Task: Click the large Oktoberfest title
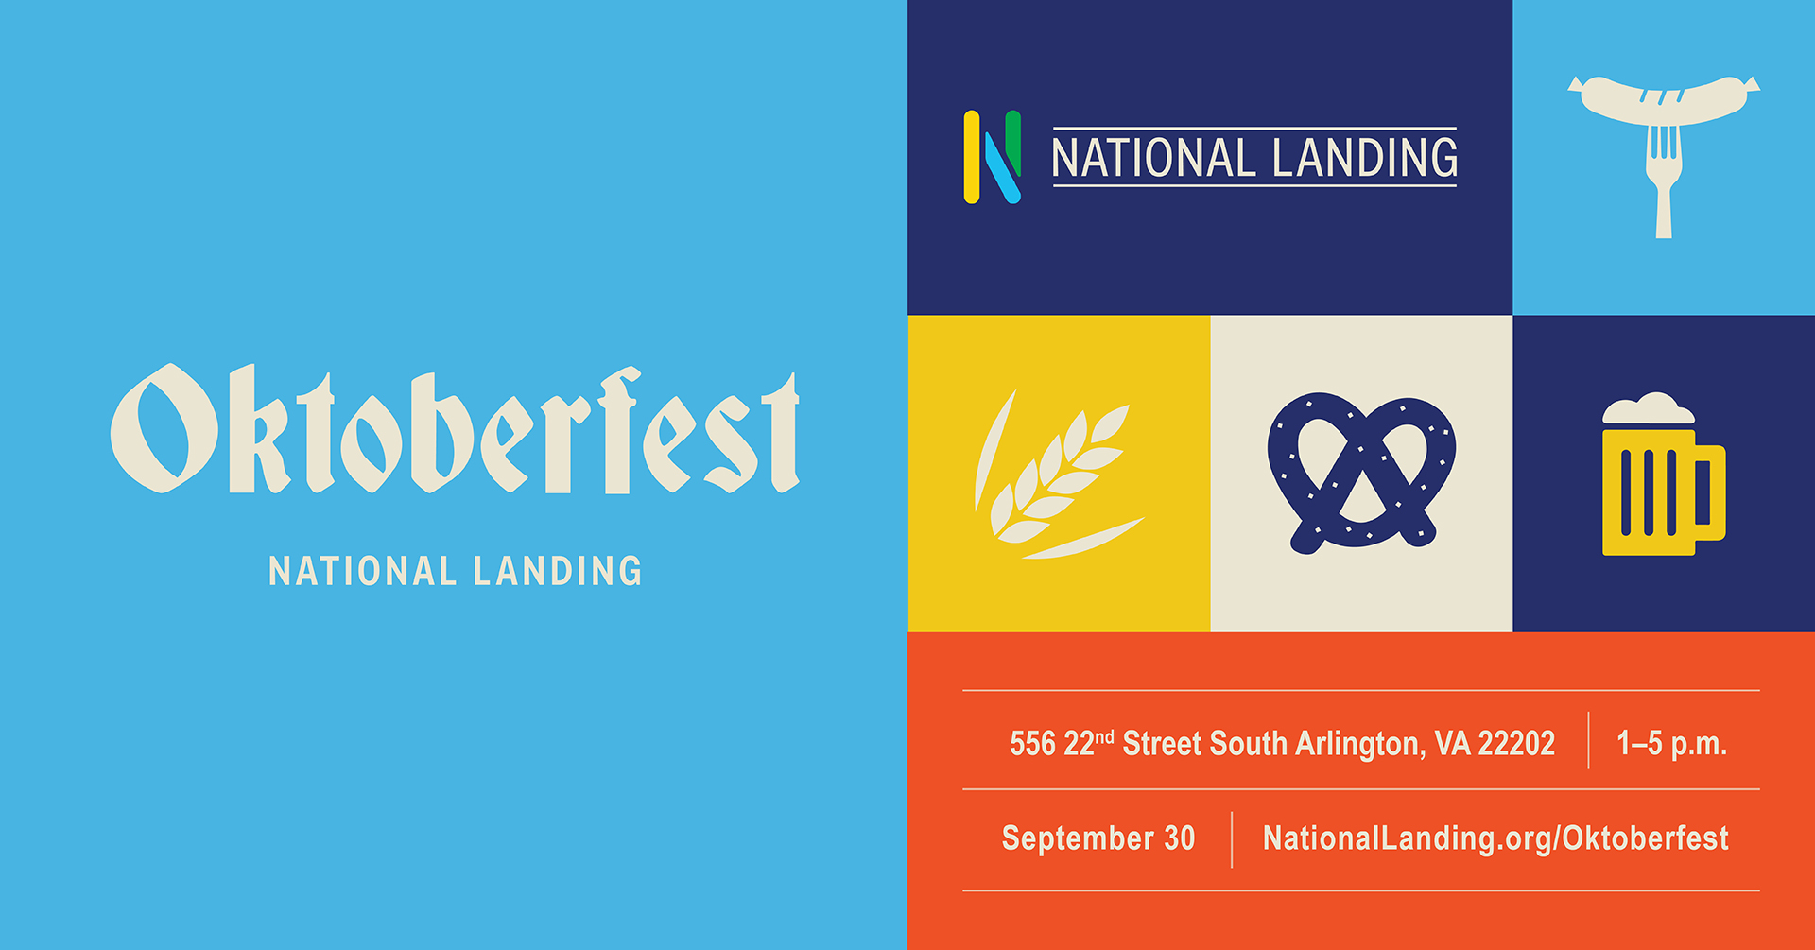coord(455,430)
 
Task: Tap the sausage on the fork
coord(1664,100)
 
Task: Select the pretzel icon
coord(1361,473)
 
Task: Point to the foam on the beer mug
coord(1649,409)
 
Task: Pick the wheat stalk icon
coord(1057,475)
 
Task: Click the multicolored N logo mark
coord(992,157)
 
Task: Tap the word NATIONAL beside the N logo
coord(1152,158)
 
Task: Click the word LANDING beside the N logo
coord(1365,158)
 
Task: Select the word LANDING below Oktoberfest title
coord(558,571)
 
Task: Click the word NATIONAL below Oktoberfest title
coord(363,571)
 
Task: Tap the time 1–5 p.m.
coord(1671,744)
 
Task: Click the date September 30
coord(1098,838)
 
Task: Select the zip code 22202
coord(1516,744)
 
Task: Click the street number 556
coord(1032,744)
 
